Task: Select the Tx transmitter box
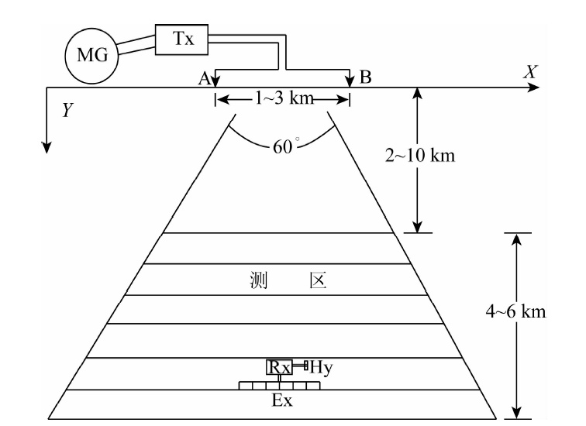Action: (184, 38)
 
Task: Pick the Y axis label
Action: (68, 111)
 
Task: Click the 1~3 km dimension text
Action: (283, 99)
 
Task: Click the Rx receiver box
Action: (280, 366)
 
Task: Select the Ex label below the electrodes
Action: (281, 401)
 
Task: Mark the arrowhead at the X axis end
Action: (534, 88)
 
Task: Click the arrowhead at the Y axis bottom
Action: (48, 146)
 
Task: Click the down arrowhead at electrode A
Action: (215, 81)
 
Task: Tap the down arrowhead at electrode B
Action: (350, 81)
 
